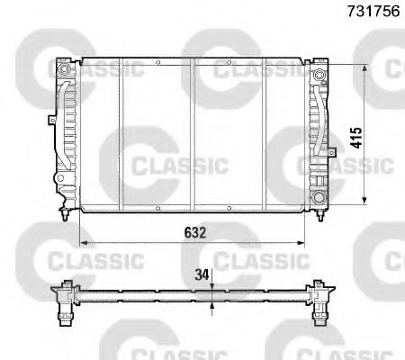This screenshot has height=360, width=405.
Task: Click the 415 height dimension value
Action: pos(356,137)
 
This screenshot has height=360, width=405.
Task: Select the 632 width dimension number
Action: pos(195,232)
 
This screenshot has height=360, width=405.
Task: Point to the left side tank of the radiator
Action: pos(66,135)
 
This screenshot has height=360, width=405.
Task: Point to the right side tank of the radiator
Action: pos(319,135)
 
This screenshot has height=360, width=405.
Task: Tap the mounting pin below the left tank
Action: pos(63,215)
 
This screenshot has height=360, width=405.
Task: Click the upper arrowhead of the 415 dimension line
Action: pos(364,67)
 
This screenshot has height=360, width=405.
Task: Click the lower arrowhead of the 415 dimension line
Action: pos(364,202)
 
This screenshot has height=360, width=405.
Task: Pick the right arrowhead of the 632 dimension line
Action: pos(304,243)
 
